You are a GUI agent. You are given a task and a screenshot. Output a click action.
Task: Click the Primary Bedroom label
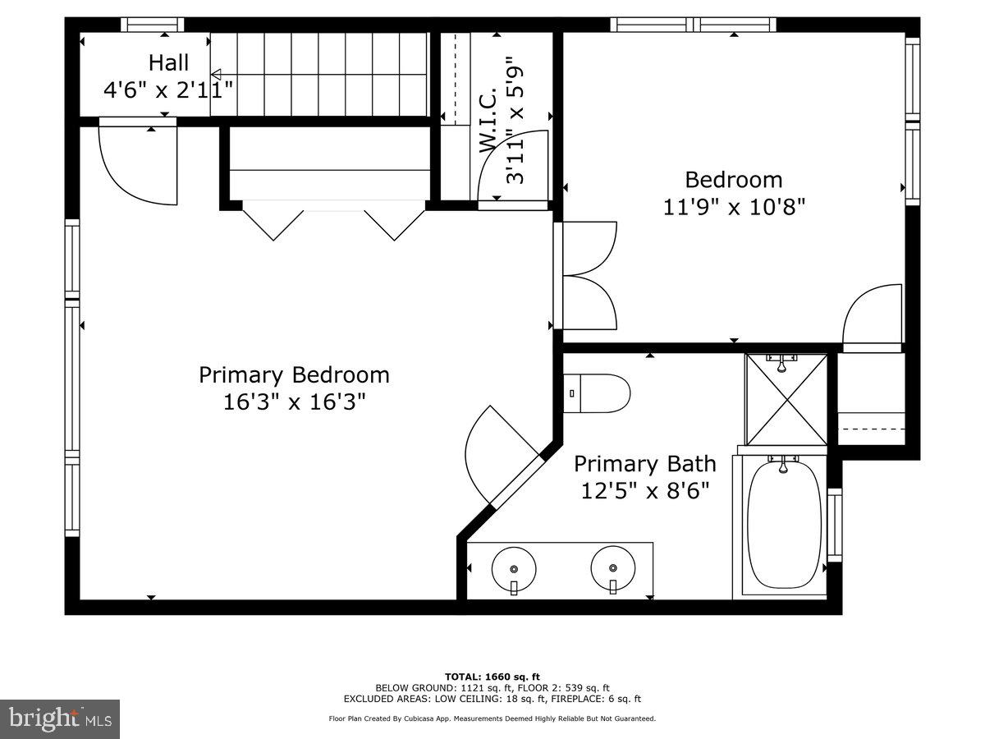click(x=294, y=375)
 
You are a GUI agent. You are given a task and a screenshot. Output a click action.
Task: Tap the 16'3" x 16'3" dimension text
click(x=294, y=402)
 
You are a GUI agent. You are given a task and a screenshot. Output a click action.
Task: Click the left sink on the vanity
click(x=514, y=568)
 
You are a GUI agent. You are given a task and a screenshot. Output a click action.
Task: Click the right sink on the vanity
click(x=613, y=568)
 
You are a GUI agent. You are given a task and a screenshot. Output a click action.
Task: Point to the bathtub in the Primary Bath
click(x=784, y=526)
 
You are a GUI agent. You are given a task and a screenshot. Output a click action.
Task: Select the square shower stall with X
click(x=786, y=399)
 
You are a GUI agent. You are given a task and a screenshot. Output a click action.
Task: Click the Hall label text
click(x=168, y=62)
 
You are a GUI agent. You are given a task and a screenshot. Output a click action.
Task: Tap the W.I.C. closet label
click(x=488, y=119)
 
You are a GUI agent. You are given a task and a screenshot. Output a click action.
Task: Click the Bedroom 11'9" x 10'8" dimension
click(x=734, y=205)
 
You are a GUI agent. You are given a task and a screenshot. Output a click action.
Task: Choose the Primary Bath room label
click(x=644, y=464)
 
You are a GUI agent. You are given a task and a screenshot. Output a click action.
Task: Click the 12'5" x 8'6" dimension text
click(x=644, y=491)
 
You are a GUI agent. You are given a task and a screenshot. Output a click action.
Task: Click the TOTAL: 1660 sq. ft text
click(x=492, y=675)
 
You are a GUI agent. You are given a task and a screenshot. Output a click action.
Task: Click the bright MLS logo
click(x=60, y=719)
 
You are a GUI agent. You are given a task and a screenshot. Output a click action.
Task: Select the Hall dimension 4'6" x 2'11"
click(x=168, y=89)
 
